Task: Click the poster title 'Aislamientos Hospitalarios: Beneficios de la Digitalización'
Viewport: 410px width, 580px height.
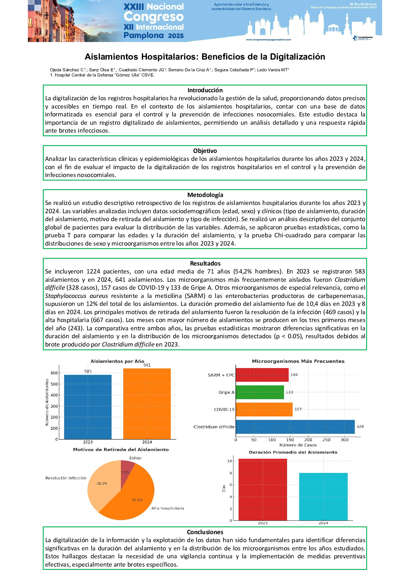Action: coord(205,57)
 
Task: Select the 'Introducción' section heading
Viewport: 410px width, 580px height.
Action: coord(205,90)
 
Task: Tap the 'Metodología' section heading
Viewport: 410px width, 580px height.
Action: coord(205,195)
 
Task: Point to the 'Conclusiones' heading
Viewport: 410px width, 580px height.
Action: coord(205,532)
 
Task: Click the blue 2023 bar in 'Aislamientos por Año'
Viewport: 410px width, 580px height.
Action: coord(88,406)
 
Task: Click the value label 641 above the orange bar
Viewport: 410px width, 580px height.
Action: coord(147,365)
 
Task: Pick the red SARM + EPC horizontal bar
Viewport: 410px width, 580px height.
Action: coord(262,375)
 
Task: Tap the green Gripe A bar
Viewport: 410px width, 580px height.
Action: coord(260,392)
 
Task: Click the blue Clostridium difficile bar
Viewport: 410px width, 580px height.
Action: coord(295,427)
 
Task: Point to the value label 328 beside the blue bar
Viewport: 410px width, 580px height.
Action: coord(360,426)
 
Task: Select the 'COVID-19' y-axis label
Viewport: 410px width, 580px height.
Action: coord(224,410)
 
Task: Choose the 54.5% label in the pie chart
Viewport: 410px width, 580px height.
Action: coord(137,500)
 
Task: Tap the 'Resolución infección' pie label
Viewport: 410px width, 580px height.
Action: coord(66,478)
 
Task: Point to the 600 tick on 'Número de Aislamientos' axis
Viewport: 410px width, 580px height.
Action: coord(54,373)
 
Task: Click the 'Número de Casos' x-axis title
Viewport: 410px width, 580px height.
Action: coord(298,445)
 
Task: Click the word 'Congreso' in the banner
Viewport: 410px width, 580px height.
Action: coord(154,17)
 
